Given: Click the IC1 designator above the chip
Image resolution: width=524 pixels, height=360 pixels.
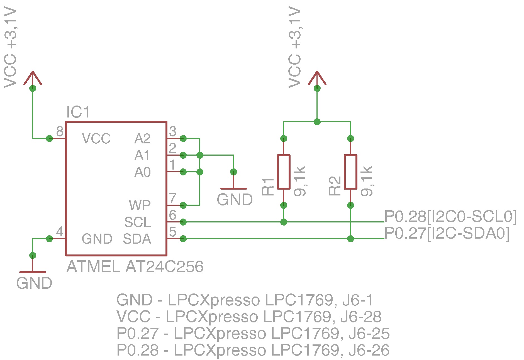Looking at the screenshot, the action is (78, 112).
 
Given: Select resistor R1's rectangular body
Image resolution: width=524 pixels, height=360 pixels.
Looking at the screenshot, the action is (284, 172).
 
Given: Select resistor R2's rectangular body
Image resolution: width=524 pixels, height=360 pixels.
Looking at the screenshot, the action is (350, 172).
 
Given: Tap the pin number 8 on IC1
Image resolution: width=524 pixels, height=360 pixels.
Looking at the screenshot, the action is (60, 131).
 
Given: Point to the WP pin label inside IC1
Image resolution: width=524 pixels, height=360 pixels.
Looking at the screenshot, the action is (140, 205).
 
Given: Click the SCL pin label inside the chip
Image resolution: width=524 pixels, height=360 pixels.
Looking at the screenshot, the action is (137, 222).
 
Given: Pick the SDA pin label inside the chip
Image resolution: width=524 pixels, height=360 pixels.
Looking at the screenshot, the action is (137, 239).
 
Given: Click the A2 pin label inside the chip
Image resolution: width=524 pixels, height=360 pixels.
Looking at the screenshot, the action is (142, 139).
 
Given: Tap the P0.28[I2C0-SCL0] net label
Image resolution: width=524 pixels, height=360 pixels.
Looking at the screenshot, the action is (450, 217).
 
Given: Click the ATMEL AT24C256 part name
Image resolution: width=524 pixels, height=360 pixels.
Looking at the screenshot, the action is (135, 267).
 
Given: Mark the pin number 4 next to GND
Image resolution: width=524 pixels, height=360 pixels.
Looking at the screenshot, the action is (60, 232).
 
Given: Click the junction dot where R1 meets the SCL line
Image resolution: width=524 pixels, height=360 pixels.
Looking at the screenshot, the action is (284, 222).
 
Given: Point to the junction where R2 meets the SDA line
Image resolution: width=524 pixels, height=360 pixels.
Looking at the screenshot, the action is (350, 239).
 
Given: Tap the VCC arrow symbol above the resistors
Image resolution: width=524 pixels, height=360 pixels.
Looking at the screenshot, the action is (317, 78).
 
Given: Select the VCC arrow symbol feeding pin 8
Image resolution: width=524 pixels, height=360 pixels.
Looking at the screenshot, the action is (33, 78).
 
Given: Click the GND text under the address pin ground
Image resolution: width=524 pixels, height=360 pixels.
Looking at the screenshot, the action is (235, 200).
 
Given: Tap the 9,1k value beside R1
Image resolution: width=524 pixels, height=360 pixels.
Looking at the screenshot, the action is (300, 181).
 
